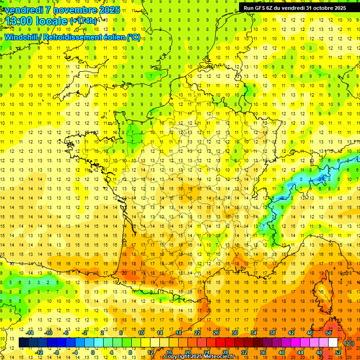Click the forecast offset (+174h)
(x=83, y=21)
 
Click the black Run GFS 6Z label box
(x=295, y=7)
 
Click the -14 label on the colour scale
(x=30, y=333)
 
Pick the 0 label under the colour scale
(x=93, y=352)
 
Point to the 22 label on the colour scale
(x=197, y=333)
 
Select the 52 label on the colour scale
(x=338, y=352)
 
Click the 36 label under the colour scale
(x=263, y=352)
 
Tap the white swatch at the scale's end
(x=333, y=343)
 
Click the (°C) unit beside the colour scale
(x=349, y=343)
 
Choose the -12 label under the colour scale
(x=39, y=352)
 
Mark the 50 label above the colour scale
(x=329, y=333)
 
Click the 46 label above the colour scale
(x=310, y=333)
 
